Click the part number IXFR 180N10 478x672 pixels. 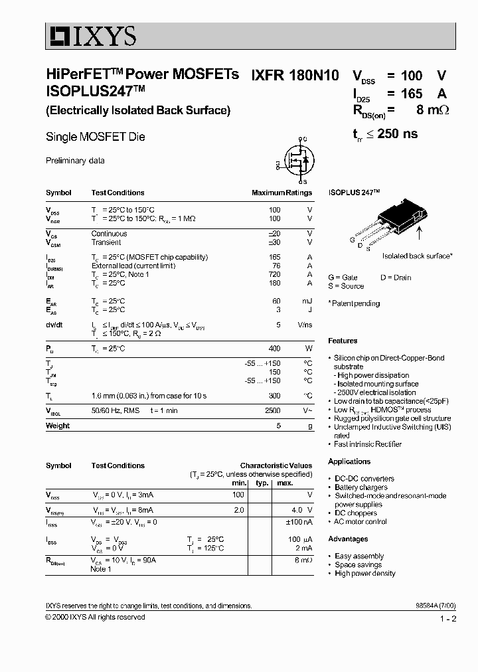click(294, 76)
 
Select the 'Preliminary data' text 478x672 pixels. click(75, 161)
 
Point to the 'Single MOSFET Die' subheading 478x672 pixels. click(95, 137)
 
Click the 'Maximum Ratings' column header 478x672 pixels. click(281, 193)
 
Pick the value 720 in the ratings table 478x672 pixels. click(274, 274)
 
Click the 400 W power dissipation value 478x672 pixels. click(274, 349)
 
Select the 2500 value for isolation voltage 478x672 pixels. click(272, 411)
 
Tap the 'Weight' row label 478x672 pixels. click(58, 426)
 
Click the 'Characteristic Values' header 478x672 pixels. click(276, 465)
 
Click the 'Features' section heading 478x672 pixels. click(343, 341)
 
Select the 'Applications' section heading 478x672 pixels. click(349, 462)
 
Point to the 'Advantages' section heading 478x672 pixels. click(348, 539)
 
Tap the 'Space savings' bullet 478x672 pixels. click(359, 564)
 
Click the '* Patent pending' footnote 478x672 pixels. click(355, 303)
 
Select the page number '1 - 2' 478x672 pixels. click(448, 619)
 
